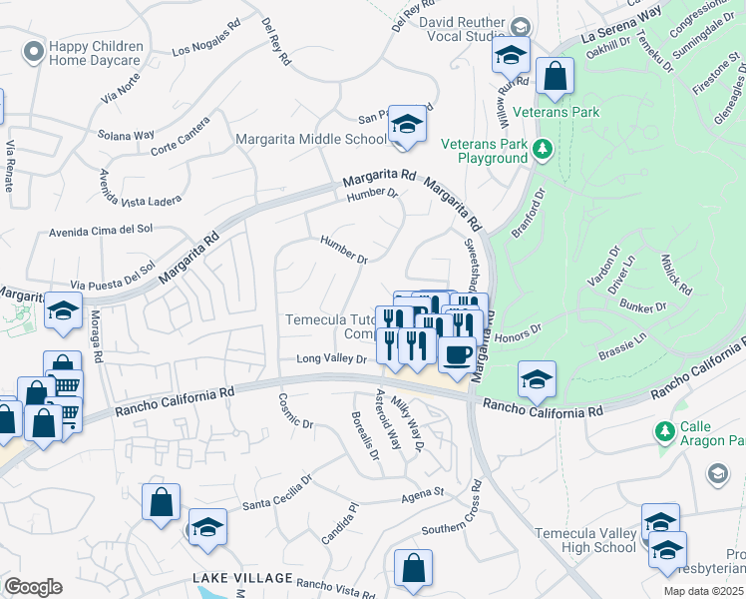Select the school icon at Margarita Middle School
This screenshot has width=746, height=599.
tap(407, 125)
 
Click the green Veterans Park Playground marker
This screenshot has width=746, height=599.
tap(542, 150)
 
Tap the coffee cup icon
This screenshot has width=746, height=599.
tap(457, 354)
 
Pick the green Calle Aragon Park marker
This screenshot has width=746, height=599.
tap(665, 431)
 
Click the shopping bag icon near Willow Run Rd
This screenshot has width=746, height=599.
tap(555, 76)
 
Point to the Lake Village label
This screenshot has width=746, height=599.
tap(242, 579)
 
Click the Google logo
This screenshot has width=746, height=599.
tap(33, 587)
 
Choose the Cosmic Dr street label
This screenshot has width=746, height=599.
tap(297, 409)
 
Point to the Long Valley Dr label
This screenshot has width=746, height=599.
tap(332, 359)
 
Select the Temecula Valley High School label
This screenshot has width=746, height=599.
tap(585, 540)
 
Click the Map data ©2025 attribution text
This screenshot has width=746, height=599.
tap(703, 591)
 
